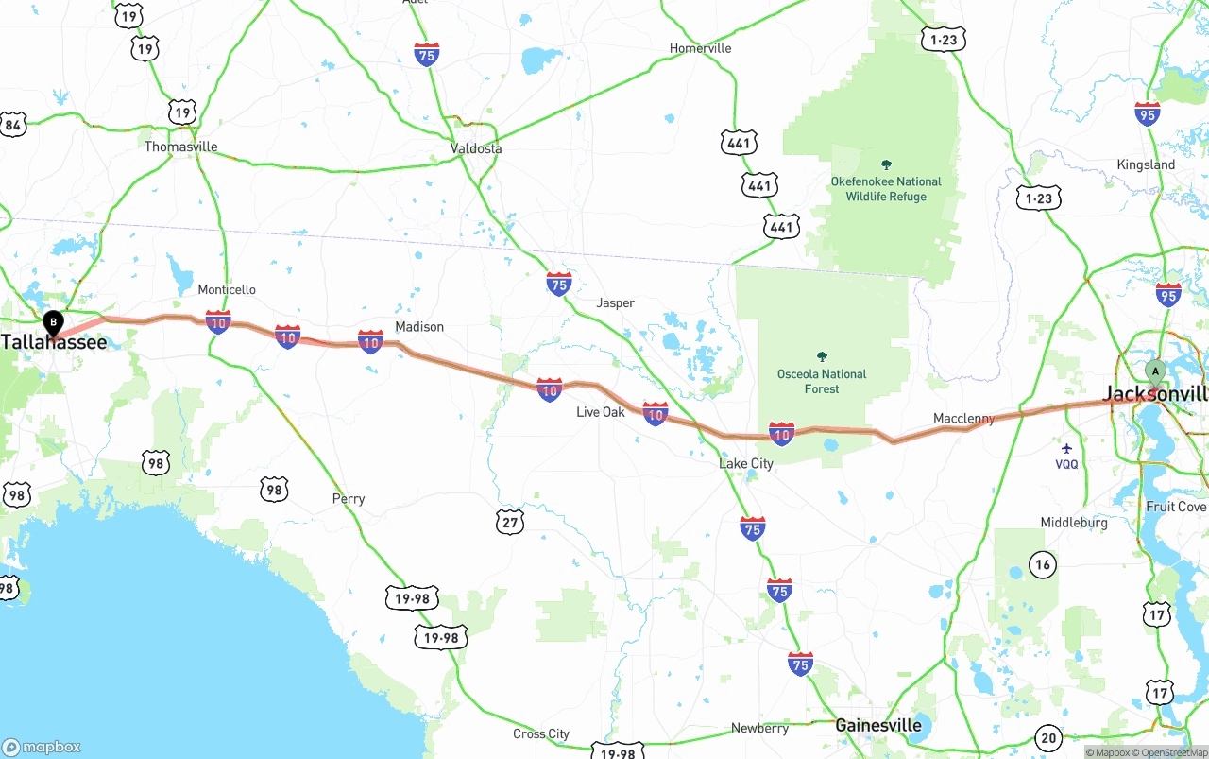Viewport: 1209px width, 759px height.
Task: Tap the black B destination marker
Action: coord(53,322)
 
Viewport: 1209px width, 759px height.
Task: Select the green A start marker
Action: coord(1154,371)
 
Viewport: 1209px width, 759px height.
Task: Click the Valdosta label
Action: coord(476,148)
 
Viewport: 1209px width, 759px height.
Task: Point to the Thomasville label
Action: coord(180,147)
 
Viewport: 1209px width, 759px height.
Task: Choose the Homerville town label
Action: coord(700,48)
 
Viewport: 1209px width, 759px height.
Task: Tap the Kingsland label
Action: coord(1146,164)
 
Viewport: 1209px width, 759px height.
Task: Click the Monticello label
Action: coord(227,289)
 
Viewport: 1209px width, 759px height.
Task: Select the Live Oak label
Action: coord(601,412)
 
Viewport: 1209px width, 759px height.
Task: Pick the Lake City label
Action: coord(746,463)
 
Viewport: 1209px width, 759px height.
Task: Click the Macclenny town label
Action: coord(963,418)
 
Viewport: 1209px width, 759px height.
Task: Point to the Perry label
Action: coord(348,498)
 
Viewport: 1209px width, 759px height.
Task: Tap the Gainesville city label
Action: coord(878,725)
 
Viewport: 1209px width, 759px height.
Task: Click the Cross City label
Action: coord(541,733)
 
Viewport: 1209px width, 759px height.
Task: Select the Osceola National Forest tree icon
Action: coord(822,357)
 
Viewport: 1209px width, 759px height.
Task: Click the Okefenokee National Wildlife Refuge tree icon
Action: coord(886,164)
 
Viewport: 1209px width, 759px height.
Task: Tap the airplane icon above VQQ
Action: coord(1067,448)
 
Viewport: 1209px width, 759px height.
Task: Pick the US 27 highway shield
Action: coord(510,521)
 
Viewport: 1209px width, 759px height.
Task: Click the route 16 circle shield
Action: coord(1042,564)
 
